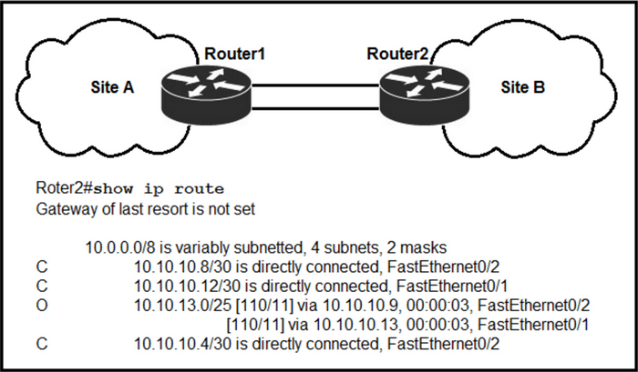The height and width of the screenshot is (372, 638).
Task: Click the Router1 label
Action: point(234,54)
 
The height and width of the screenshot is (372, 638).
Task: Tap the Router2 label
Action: point(397,54)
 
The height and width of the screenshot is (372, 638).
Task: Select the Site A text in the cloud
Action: point(112,87)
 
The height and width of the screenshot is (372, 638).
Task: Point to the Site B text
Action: point(523,87)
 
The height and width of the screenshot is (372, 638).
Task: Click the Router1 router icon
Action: point(206,95)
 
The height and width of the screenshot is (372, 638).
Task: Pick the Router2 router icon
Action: point(425,95)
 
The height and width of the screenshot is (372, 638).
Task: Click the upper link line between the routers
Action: point(315,85)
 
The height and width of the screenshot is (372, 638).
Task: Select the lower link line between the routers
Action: point(315,108)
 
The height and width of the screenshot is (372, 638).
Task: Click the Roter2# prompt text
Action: point(65,188)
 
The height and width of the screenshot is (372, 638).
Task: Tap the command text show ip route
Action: point(159,189)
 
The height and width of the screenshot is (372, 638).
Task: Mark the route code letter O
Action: point(42,306)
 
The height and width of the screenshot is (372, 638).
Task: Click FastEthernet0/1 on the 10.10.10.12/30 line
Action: point(452,287)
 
